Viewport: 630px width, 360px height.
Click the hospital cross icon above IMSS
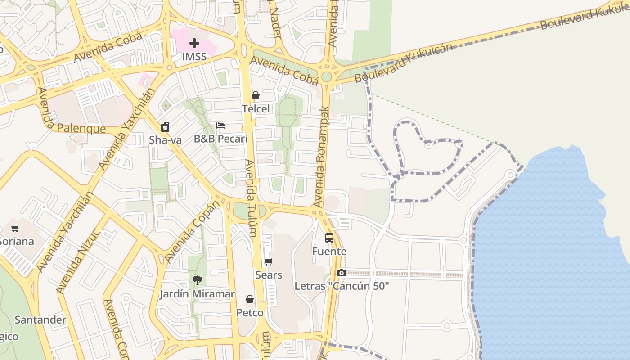click(194, 43)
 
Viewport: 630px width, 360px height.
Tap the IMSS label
click(194, 57)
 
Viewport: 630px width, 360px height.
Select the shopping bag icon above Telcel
click(256, 95)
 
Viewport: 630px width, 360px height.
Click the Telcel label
click(256, 109)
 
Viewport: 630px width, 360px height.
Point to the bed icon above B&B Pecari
click(220, 126)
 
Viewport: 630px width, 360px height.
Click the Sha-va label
click(165, 140)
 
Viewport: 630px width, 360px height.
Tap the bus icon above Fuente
click(329, 238)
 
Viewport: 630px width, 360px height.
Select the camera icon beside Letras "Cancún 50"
click(341, 273)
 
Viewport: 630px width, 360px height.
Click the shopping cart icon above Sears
click(269, 261)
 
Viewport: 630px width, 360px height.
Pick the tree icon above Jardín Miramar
click(197, 280)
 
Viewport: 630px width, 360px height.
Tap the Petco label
click(250, 312)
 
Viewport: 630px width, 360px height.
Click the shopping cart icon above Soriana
click(15, 228)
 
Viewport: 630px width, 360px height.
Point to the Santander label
click(40, 320)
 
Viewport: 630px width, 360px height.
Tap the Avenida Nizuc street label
click(77, 261)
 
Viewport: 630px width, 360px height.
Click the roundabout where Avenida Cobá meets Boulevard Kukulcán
click(327, 76)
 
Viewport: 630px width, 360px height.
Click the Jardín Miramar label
click(197, 294)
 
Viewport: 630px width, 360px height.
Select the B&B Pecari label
click(220, 139)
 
